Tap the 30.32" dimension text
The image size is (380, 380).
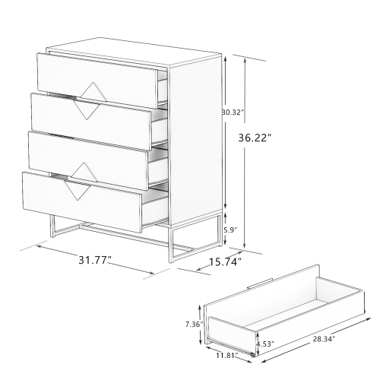tap(231, 112)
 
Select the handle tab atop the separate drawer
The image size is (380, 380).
tap(261, 286)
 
